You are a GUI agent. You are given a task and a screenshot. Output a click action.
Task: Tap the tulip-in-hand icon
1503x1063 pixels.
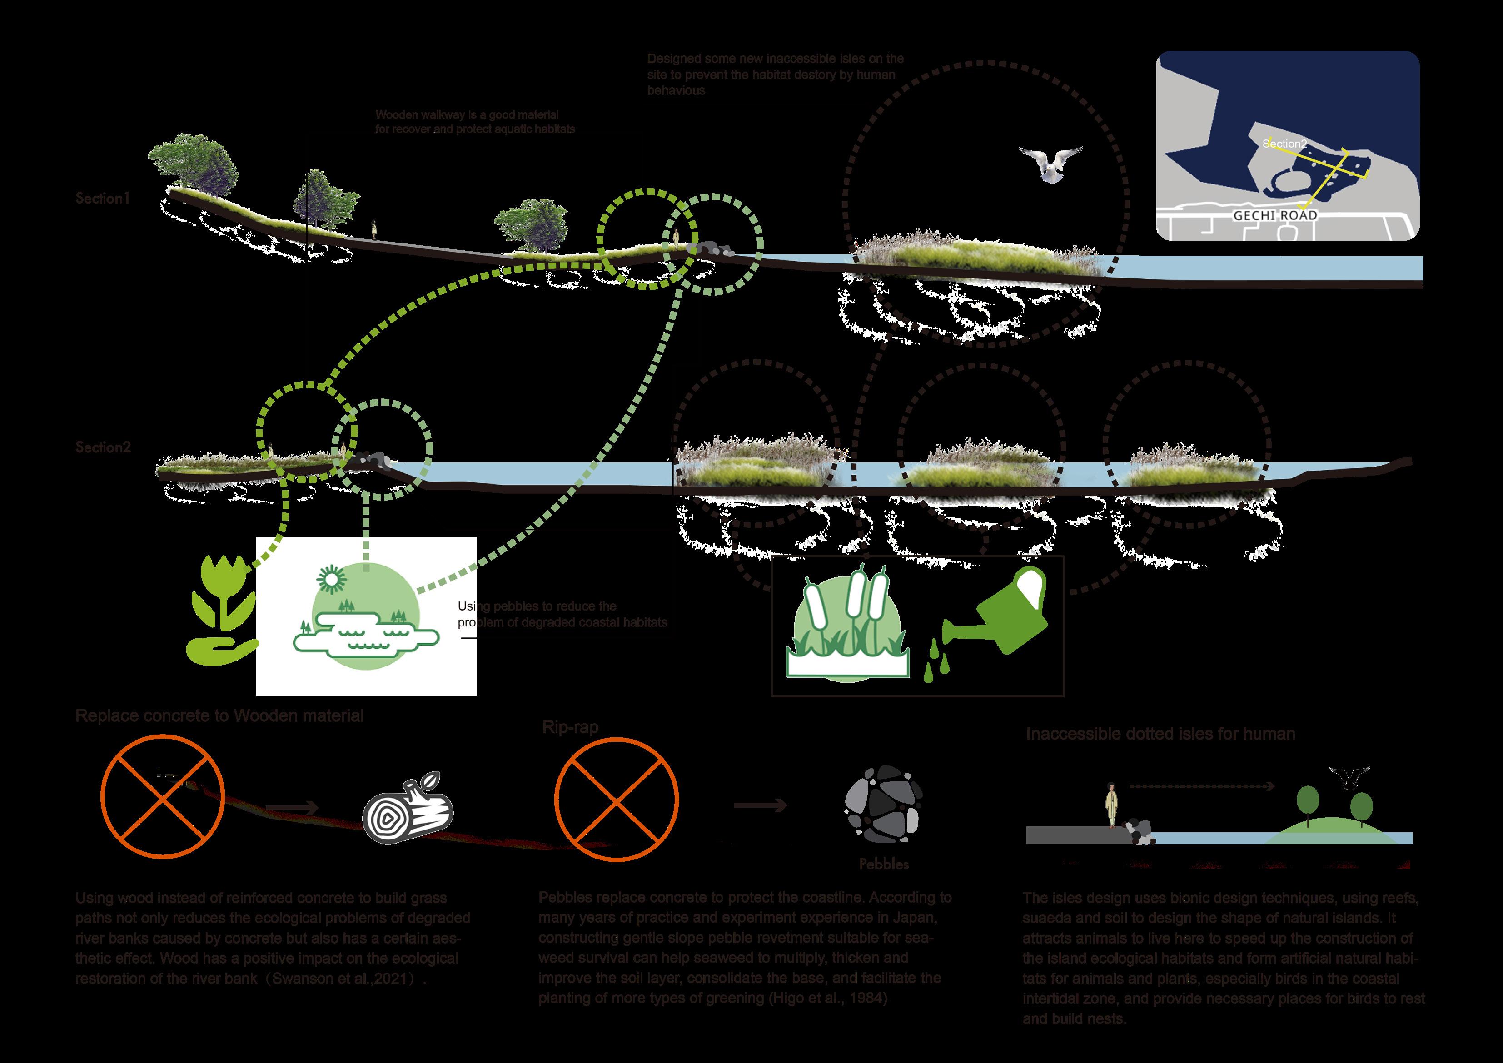pyautogui.click(x=221, y=609)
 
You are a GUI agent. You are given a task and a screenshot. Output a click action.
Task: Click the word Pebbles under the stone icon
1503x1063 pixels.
pyautogui.click(x=884, y=864)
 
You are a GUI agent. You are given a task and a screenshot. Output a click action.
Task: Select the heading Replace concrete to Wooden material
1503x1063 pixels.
pyautogui.click(x=219, y=715)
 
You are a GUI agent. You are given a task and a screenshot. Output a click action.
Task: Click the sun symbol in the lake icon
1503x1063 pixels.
pyautogui.click(x=329, y=578)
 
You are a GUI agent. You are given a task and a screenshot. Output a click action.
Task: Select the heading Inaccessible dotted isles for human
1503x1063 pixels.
pyautogui.click(x=1160, y=734)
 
